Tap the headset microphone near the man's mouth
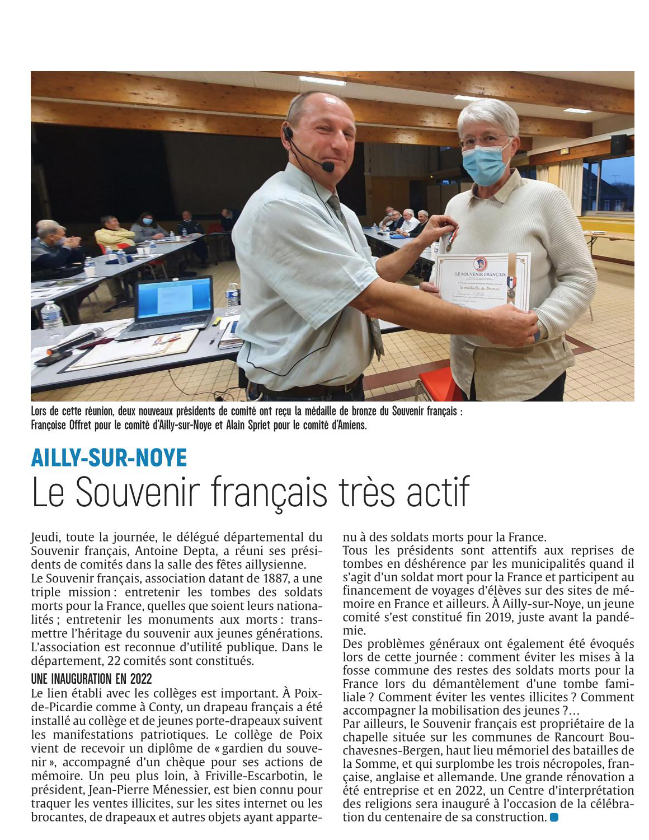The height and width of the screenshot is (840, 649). pos(328,166)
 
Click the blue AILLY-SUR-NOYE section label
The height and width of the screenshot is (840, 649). pos(109,458)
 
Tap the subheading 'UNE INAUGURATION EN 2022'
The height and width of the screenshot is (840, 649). pos(92,679)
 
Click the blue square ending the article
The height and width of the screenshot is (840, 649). pos(554,817)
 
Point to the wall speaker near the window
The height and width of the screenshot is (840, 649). pos(618,145)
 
